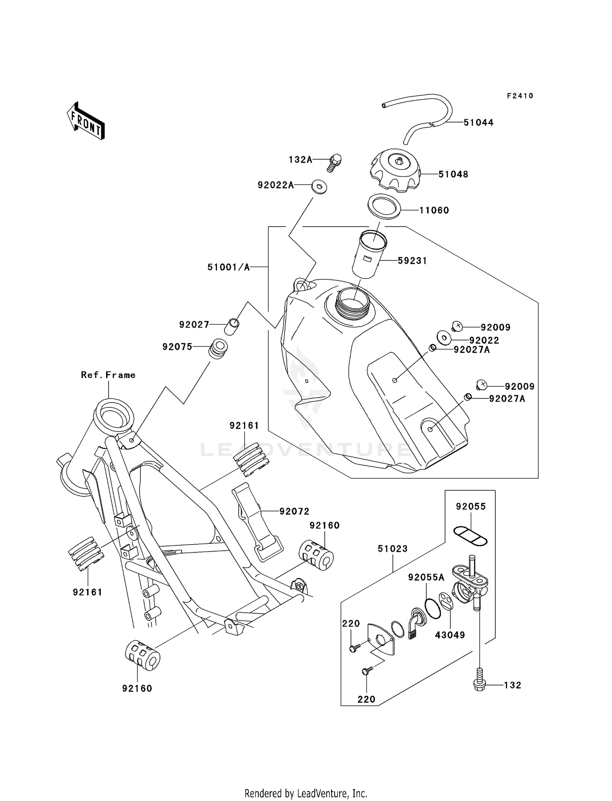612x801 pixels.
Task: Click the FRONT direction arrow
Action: coord(86,121)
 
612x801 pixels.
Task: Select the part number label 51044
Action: coord(478,122)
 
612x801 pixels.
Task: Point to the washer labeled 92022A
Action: coord(319,187)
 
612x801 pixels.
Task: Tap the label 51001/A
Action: coord(228,267)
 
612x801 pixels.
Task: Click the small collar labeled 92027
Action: coord(232,327)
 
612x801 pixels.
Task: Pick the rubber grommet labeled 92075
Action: coord(218,349)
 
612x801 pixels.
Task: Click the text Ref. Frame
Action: coord(108,375)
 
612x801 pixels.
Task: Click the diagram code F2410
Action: coord(520,96)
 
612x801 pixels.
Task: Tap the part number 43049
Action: coord(450,635)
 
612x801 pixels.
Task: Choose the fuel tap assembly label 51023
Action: coord(392,549)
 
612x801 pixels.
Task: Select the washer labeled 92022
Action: coord(444,338)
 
